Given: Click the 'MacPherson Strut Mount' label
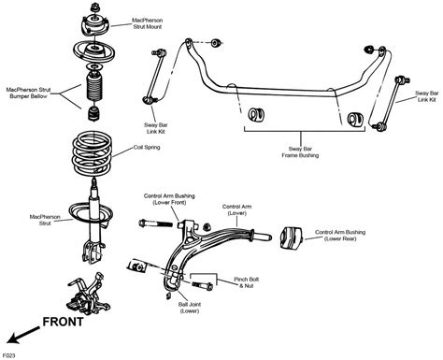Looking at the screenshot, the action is click(x=148, y=23).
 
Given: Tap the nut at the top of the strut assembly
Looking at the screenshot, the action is click(x=95, y=7).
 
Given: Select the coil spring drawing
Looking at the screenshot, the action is click(x=92, y=153).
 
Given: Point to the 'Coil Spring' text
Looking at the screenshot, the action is click(x=147, y=147).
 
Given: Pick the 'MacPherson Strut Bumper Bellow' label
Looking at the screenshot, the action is click(x=28, y=93).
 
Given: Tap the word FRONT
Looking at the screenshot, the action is click(x=63, y=322).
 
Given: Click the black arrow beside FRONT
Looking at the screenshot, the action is click(x=23, y=336).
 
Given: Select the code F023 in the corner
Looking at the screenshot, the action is click(x=8, y=355).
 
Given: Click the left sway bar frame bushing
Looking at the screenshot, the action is click(x=256, y=114).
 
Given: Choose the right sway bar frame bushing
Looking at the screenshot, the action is click(x=355, y=120).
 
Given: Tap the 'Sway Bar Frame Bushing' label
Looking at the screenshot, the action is click(x=300, y=152).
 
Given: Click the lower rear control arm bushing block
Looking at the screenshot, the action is click(x=291, y=238).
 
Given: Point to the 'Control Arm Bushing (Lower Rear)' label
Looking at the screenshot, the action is click(x=340, y=236).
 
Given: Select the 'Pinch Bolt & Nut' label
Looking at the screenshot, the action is click(x=247, y=282).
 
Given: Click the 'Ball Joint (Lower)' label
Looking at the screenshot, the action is click(x=190, y=308).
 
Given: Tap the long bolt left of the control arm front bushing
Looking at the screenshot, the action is click(x=155, y=223).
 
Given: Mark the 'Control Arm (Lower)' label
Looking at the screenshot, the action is click(x=236, y=209).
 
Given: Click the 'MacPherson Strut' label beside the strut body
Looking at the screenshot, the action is click(x=45, y=220).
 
